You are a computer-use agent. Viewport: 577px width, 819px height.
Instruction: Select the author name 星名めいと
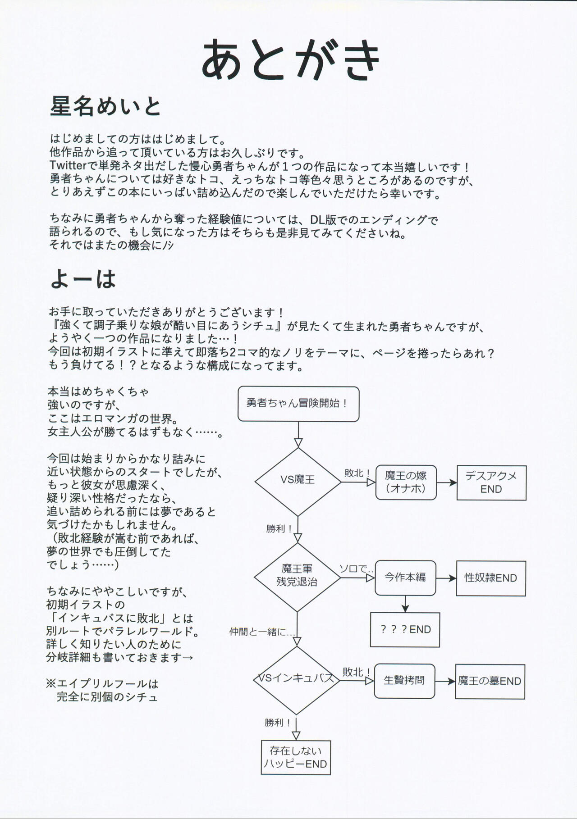coord(105,107)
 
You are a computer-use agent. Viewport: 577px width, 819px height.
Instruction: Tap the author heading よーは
coord(83,279)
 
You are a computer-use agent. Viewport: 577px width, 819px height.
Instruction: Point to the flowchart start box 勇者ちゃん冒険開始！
coord(298,404)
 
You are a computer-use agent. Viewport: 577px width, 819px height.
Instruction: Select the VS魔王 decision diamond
coord(298,481)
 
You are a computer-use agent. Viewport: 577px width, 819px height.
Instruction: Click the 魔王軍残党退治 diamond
coord(297,576)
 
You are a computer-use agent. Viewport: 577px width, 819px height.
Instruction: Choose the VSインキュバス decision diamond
coord(296,679)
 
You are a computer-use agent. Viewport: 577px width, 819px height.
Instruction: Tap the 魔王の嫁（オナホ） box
coord(406,482)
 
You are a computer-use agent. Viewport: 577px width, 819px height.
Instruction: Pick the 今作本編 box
coord(405,578)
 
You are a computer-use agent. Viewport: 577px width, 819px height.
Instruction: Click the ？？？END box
coord(405,630)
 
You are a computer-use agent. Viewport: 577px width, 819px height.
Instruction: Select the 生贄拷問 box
coord(404,681)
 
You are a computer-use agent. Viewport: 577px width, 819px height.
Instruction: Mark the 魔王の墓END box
coord(490,682)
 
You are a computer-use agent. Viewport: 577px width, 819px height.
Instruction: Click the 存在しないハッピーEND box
coord(296,757)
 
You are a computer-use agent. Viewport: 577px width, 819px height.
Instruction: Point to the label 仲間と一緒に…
coord(262,632)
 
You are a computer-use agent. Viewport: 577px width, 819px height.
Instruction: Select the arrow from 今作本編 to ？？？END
coord(405,604)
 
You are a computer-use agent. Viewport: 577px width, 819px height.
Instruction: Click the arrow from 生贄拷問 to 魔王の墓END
coord(445,681)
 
